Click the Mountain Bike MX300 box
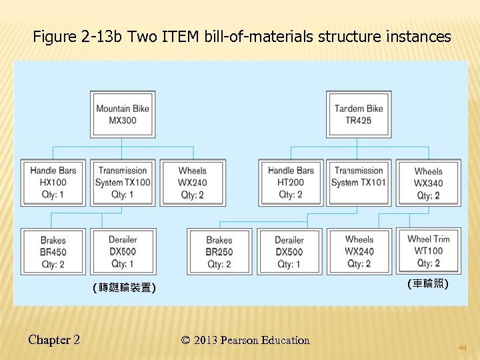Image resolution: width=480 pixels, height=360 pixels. coord(123,115)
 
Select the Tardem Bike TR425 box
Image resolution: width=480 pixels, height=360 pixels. coord(359,115)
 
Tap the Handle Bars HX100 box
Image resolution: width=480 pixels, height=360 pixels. coord(53,183)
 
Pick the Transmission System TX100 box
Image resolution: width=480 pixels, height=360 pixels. coord(123,183)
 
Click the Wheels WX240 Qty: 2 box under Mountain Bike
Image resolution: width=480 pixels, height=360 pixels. coord(193,183)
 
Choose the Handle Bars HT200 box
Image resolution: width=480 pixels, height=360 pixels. coord(291,183)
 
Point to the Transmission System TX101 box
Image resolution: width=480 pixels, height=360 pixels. coord(359,183)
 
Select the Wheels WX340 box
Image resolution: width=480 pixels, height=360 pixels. coord(428,183)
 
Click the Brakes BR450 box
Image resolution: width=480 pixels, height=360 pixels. coord(53,251)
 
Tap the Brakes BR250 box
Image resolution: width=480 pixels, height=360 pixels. coord(219,251)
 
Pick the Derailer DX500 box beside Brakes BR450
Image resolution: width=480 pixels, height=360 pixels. coord(123,251)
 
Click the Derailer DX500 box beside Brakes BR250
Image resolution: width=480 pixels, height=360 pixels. coord(289,251)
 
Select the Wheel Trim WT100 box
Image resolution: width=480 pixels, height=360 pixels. coord(428,251)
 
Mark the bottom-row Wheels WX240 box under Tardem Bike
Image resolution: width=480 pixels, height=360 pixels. coord(359,251)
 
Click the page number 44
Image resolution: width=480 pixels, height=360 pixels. coord(462,348)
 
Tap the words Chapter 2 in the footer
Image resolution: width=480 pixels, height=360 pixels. coord(54,340)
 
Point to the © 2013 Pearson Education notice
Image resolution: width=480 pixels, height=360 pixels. coord(245,341)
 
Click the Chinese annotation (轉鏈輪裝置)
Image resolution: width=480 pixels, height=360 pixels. coord(124,288)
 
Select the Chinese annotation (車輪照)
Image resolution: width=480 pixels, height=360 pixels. coord(427,283)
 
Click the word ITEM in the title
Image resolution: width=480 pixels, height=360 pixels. coord(179,37)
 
